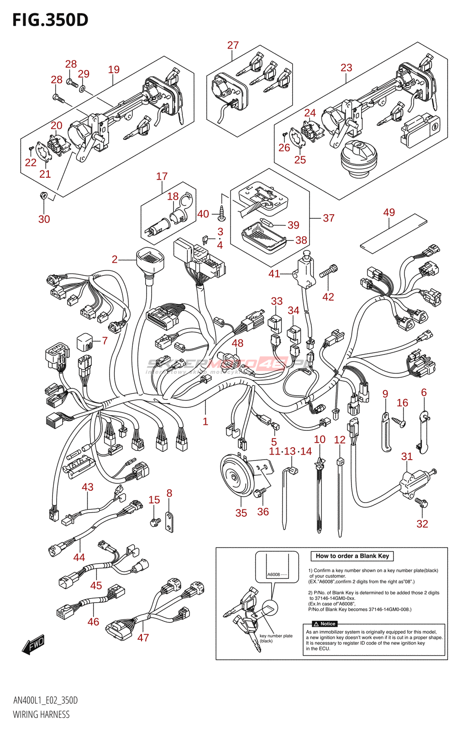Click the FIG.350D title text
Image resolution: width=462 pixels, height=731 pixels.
click(x=50, y=20)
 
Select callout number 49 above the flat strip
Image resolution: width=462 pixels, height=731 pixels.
click(x=389, y=212)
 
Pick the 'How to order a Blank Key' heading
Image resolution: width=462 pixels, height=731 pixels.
click(x=352, y=556)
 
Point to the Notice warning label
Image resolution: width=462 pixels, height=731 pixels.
click(x=325, y=624)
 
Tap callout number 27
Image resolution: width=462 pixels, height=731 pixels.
click(x=233, y=45)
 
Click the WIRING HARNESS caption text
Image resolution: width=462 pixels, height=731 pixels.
click(x=41, y=715)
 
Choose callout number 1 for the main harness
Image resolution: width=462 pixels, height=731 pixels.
click(x=205, y=421)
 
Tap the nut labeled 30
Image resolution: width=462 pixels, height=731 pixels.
click(x=43, y=196)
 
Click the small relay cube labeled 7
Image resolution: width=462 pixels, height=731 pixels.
click(x=85, y=342)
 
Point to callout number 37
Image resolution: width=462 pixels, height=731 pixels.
click(x=329, y=218)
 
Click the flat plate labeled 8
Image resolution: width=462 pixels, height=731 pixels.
click(x=169, y=522)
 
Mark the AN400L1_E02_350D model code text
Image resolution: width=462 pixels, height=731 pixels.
click(x=45, y=700)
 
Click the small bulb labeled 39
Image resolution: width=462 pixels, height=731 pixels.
click(x=266, y=223)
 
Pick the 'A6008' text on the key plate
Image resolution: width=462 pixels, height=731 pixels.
click(x=274, y=574)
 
